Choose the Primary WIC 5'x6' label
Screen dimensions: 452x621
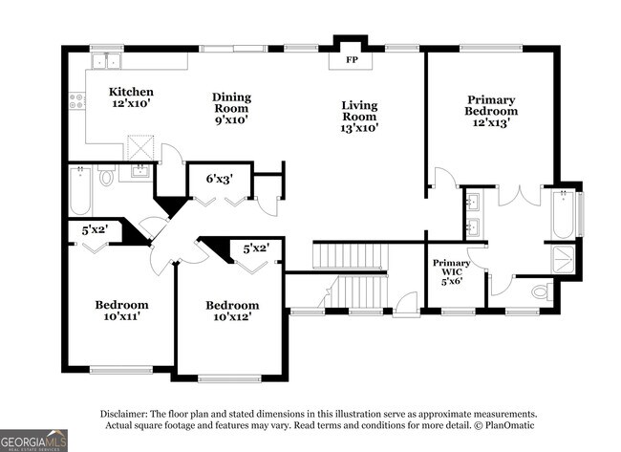click(451, 270)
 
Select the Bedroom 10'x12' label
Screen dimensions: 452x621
click(232, 312)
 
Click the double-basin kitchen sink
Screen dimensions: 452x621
click(106, 61)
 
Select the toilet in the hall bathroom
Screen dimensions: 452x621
click(106, 176)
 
